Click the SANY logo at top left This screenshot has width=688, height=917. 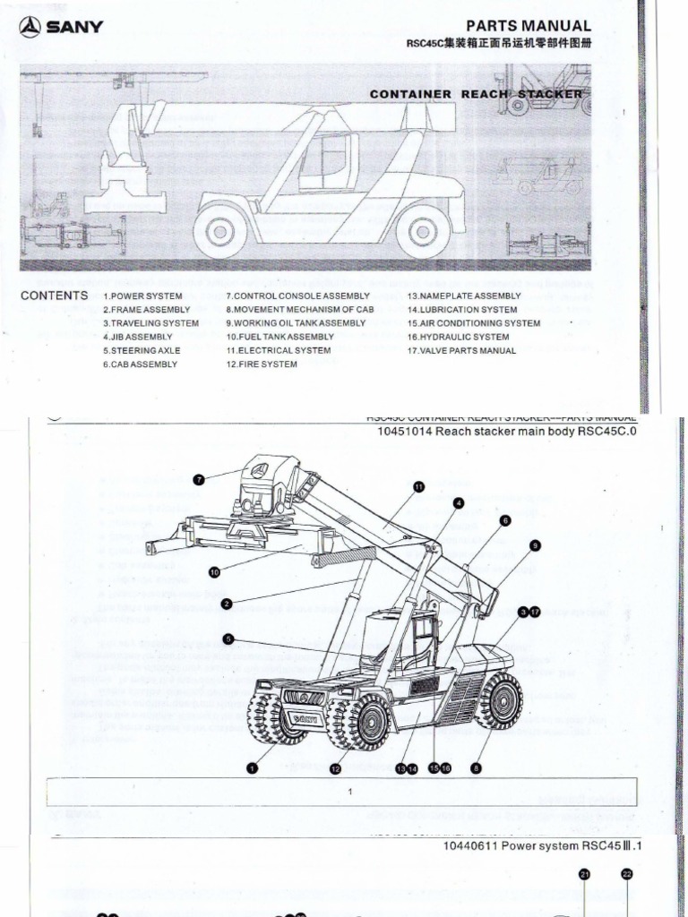[x=60, y=27]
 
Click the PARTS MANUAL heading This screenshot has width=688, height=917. [x=529, y=26]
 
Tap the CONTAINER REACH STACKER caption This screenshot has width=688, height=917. [x=476, y=93]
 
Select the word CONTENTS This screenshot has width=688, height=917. [x=54, y=296]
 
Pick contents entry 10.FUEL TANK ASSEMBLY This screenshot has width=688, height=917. [x=279, y=337]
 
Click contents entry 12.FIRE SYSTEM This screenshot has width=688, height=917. [x=262, y=364]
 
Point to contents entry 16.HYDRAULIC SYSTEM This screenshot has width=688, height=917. [x=458, y=337]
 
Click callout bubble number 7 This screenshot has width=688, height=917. [x=199, y=479]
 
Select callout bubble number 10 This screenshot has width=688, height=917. [x=214, y=570]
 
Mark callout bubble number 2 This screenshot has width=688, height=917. [x=227, y=604]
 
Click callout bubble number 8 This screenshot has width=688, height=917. [x=477, y=767]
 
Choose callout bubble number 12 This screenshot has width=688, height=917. [x=335, y=768]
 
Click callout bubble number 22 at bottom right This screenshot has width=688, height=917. [x=626, y=875]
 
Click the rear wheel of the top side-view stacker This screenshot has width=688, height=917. [x=422, y=231]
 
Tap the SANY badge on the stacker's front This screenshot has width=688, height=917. [x=305, y=717]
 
